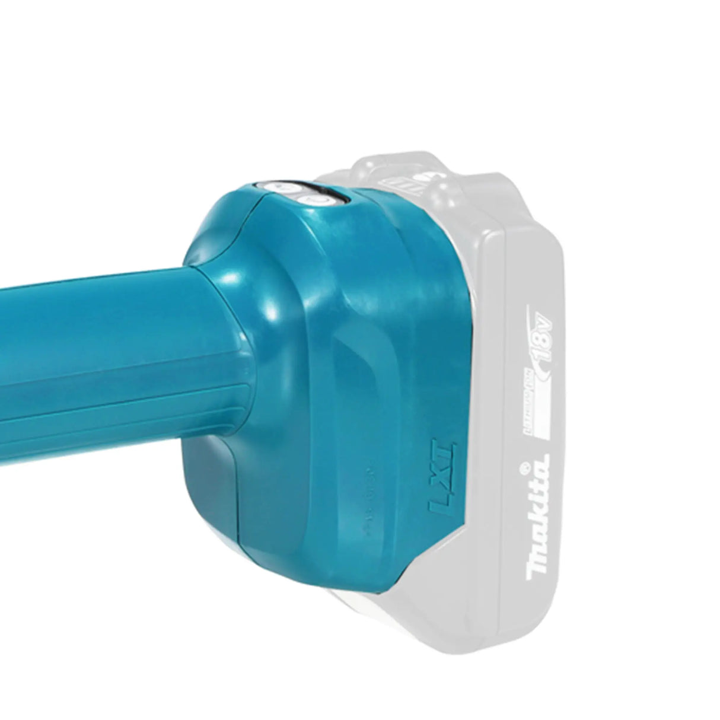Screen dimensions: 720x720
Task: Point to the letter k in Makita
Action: pyautogui.click(x=541, y=520)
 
